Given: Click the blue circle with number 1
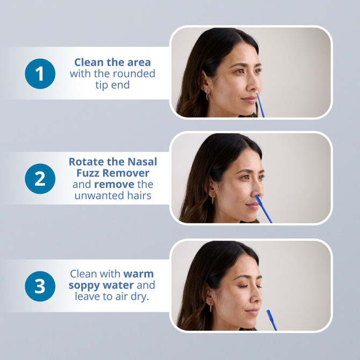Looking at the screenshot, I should point(40,74).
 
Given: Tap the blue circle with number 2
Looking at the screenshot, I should point(40,178).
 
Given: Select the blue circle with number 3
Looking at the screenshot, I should point(40,286).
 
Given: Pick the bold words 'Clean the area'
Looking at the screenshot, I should point(112,62).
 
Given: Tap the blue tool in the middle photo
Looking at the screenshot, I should point(263,208).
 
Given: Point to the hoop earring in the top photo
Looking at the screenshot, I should point(208,95).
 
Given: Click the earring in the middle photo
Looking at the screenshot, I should point(212,199).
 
